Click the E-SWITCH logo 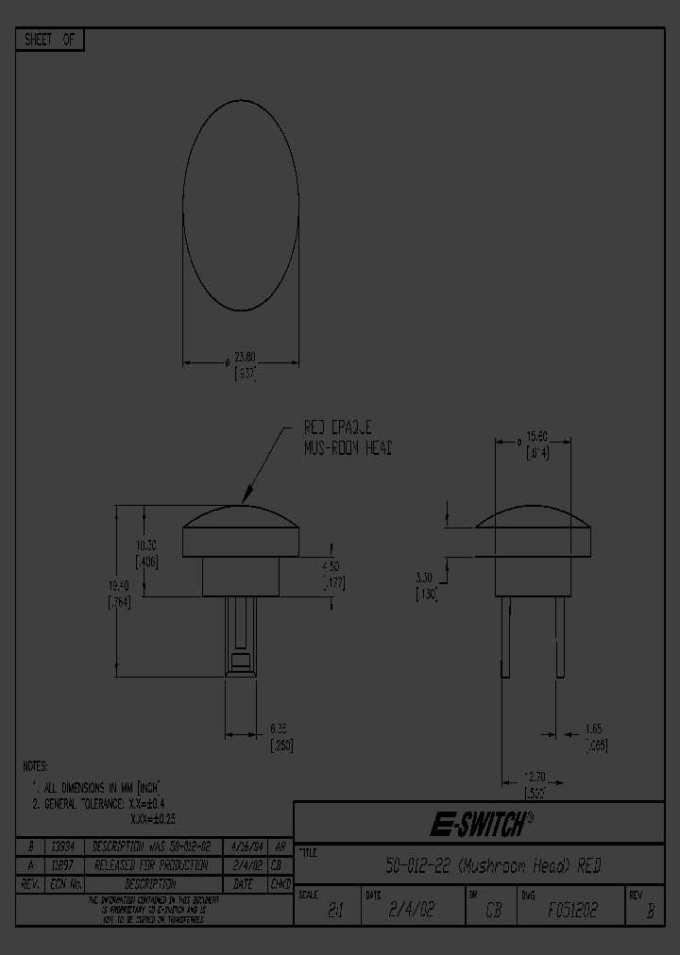pos(481,824)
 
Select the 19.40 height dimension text pos(119,585)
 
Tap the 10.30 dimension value pos(145,546)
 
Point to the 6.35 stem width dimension pos(278,728)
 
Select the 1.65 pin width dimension pos(592,729)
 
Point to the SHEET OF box pos(50,40)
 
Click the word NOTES pos(35,766)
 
